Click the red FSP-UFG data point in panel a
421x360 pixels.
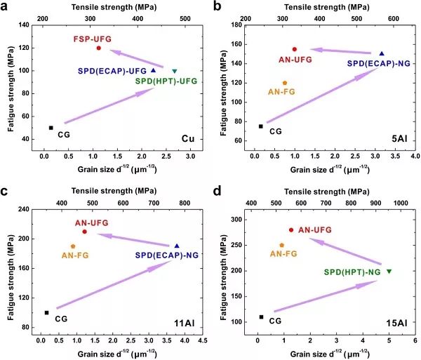(98, 48)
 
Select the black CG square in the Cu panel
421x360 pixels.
(51, 128)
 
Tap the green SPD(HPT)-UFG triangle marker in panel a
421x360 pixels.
(175, 71)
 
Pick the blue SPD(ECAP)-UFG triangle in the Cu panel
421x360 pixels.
(153, 70)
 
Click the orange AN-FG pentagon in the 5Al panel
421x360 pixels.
(285, 83)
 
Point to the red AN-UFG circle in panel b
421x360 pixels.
(295, 49)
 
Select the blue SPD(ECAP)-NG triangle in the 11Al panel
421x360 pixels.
(177, 246)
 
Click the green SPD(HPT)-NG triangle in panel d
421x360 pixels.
(389, 271)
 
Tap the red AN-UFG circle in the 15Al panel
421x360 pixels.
(291, 229)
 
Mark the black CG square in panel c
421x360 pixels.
(47, 313)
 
